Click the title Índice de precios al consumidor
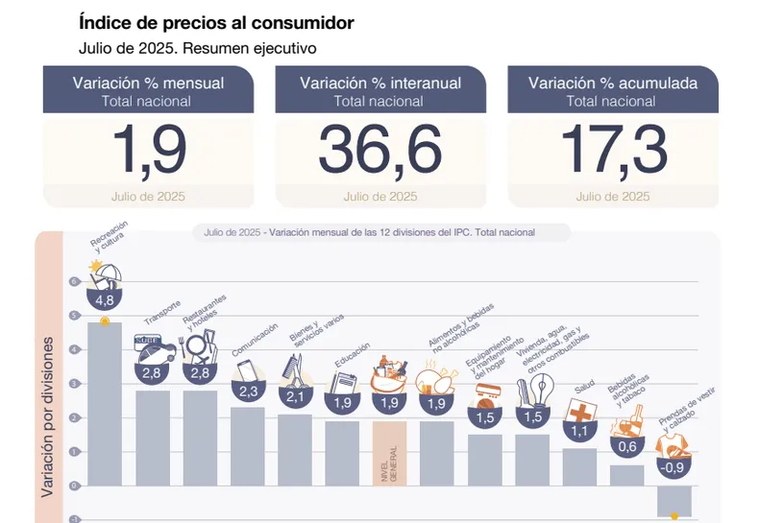click(x=216, y=22)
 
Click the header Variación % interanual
click(x=380, y=83)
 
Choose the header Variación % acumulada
click(x=613, y=83)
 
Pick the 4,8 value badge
click(x=105, y=298)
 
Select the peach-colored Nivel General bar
click(x=389, y=470)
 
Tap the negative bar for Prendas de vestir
click(x=674, y=500)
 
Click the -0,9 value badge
click(x=674, y=468)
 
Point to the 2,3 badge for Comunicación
click(x=248, y=392)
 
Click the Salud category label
click(x=584, y=389)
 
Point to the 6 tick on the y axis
click(x=73, y=282)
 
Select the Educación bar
click(x=342, y=470)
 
